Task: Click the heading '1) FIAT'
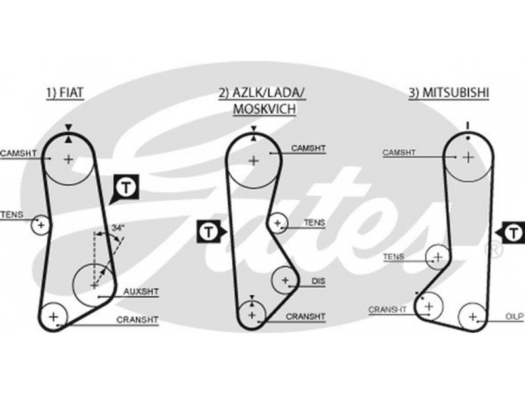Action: click(66, 94)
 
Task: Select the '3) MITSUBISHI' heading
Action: click(449, 94)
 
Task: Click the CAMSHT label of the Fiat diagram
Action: click(18, 153)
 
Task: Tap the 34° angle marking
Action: click(117, 227)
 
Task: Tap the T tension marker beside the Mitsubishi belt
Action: click(513, 232)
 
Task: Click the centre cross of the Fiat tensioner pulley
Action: click(41, 225)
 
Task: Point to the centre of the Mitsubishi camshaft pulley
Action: click(467, 157)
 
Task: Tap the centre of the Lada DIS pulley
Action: click(285, 280)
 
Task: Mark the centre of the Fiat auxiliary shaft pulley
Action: click(94, 285)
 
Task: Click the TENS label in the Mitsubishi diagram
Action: click(393, 257)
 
